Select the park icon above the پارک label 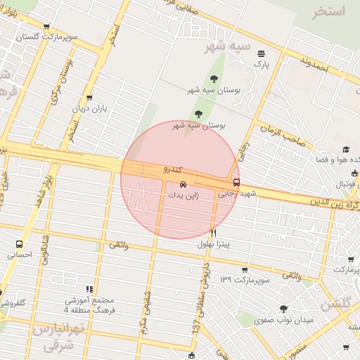point(262,53)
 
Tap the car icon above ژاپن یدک point(174,184)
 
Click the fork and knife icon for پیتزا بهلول point(213,232)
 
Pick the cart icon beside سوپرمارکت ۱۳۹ point(244,270)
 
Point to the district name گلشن point(335,304)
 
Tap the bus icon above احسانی point(19,245)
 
